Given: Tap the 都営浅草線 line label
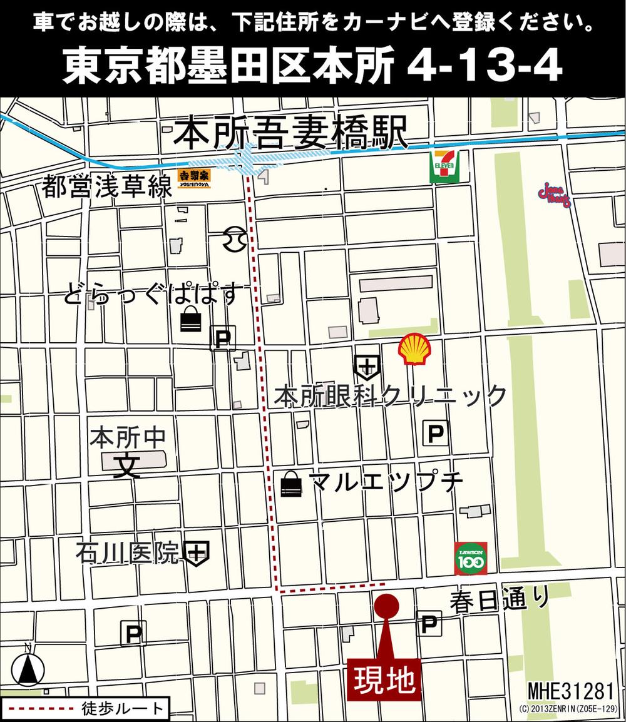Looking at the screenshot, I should point(107,186).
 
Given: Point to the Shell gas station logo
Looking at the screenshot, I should point(414,349).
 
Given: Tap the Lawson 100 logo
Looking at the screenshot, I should point(470,558).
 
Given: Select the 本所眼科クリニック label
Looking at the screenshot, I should point(390,396).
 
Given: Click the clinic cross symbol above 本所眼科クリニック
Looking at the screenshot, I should point(367,366).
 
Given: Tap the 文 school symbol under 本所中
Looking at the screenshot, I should point(127,467).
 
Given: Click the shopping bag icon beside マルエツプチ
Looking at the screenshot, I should point(291,484).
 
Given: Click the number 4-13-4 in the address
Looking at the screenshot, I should point(484,68).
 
